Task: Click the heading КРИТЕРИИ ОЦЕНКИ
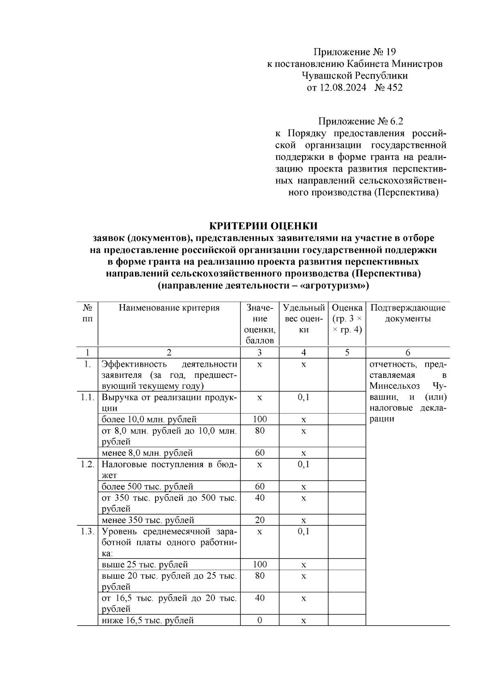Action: (x=264, y=226)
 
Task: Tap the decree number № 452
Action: (x=388, y=87)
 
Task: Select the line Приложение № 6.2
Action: (x=359, y=121)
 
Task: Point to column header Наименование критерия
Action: (x=169, y=308)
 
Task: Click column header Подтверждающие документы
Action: (x=408, y=313)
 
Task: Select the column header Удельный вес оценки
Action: (x=303, y=319)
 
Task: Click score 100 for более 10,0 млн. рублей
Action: (x=260, y=420)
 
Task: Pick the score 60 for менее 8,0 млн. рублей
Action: (x=260, y=453)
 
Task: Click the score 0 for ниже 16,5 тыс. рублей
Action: (x=260, y=621)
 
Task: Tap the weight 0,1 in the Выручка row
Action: (x=303, y=397)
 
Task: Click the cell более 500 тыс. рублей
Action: (x=147, y=487)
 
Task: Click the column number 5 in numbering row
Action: (x=347, y=353)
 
